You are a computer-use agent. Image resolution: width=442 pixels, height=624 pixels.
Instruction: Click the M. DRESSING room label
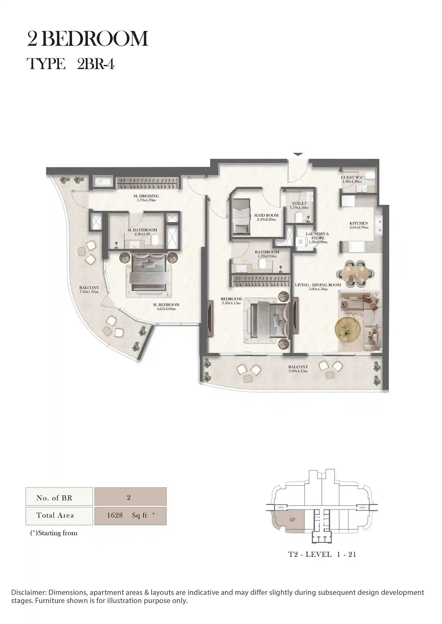(x=146, y=198)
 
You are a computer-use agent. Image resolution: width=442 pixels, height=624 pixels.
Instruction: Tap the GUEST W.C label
(x=352, y=179)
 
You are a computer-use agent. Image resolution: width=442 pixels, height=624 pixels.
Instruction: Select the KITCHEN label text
(x=359, y=225)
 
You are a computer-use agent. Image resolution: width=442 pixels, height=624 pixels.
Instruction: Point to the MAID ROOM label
(x=266, y=217)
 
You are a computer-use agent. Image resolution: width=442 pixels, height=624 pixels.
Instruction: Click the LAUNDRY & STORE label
(x=317, y=238)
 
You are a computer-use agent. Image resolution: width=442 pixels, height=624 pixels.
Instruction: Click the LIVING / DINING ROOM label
(x=318, y=287)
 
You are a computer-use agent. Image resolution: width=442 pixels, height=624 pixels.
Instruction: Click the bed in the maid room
(x=241, y=217)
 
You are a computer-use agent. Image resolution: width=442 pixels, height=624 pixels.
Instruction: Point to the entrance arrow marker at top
(x=298, y=154)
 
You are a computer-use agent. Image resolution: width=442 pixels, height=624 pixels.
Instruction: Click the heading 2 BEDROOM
(x=88, y=39)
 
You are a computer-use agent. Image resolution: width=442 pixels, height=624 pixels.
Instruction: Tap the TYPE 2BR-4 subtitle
(x=70, y=64)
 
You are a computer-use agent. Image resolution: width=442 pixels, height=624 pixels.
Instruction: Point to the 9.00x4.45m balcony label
(x=298, y=369)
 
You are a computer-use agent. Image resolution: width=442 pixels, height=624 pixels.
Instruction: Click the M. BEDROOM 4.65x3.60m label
(x=166, y=307)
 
